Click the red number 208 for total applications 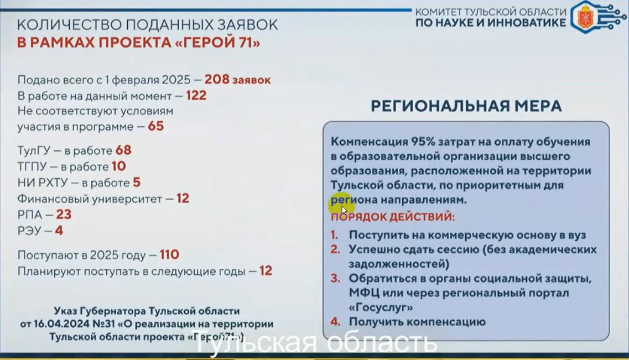tap(217, 80)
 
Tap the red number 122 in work tap(196, 96)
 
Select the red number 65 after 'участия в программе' tap(155, 127)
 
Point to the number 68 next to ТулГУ tap(123, 150)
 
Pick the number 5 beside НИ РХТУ tap(137, 182)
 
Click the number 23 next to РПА tap(64, 215)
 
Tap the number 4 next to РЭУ tap(59, 231)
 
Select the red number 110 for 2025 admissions tap(169, 255)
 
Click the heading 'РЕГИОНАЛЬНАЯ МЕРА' tap(466, 106)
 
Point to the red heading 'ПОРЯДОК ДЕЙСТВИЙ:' tap(393, 217)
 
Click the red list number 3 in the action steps tap(335, 278)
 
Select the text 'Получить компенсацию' tap(417, 322)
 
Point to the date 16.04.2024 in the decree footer tap(58, 324)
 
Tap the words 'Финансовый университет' tap(90, 199)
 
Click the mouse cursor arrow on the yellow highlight tap(344, 210)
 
